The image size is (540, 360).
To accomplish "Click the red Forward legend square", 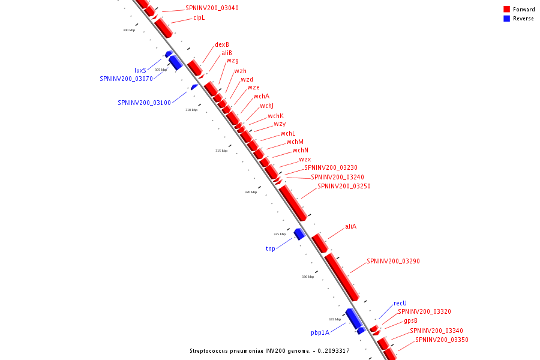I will click(506, 9).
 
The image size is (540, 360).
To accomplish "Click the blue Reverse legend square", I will click(506, 19).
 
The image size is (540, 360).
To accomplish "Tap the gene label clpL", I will click(199, 18).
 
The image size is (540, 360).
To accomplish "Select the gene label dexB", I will click(222, 44).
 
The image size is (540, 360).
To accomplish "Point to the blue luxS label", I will click(140, 70).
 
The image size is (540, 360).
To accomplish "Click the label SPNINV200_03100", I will click(145, 103).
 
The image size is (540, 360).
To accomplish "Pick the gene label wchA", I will click(261, 97).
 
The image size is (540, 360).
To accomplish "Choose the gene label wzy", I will click(280, 124).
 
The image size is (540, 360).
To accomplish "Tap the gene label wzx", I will click(305, 159).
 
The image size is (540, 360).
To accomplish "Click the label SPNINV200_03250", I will click(344, 186).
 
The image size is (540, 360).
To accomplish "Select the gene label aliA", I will click(350, 227).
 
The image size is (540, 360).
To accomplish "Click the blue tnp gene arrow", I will click(299, 233).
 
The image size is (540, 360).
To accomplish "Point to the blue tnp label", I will click(271, 248).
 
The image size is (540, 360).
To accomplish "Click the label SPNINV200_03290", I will click(393, 261).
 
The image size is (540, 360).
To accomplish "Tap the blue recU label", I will click(400, 304).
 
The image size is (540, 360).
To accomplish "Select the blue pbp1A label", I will click(320, 332).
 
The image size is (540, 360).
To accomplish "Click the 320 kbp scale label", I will click(250, 193).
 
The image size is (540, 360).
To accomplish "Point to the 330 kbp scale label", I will click(308, 277).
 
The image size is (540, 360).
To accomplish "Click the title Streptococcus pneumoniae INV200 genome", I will click(269, 351).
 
